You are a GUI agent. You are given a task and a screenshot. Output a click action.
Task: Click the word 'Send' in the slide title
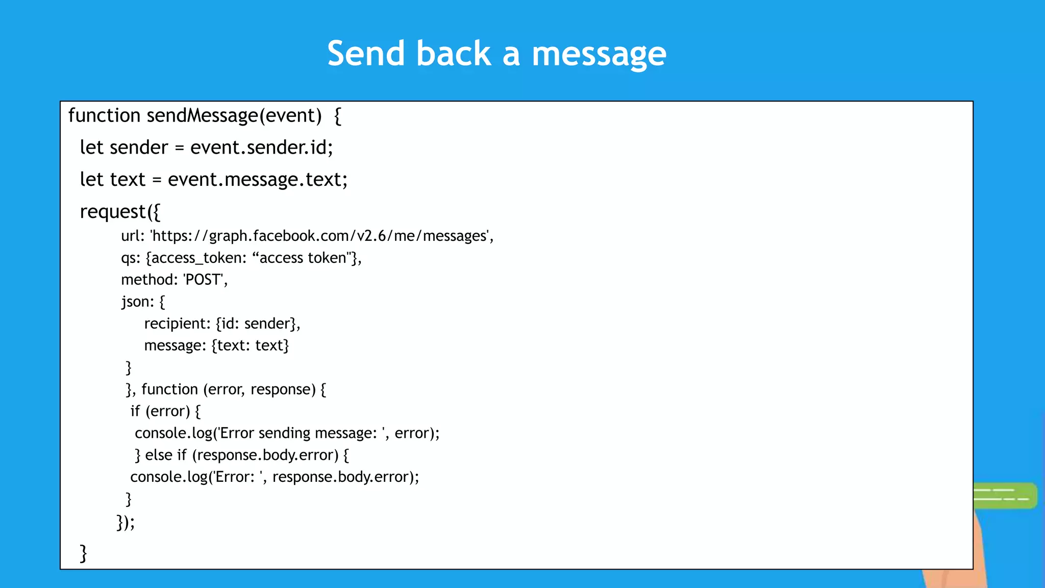(x=366, y=54)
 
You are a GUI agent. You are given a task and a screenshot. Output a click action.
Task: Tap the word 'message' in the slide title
(x=599, y=54)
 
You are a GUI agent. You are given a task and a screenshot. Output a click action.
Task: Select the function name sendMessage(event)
(x=234, y=115)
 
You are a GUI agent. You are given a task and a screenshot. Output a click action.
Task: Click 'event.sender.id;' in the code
(x=261, y=148)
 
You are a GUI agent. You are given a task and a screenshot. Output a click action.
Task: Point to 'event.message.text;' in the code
(x=258, y=180)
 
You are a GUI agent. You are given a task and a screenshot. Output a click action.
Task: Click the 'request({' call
(x=120, y=211)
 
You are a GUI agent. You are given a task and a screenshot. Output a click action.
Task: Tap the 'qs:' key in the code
(x=131, y=258)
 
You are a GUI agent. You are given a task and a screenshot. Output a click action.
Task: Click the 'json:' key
(x=137, y=302)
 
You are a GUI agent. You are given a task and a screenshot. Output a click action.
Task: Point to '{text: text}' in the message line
(x=250, y=346)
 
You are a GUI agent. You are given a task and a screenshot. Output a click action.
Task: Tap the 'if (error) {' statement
(x=165, y=411)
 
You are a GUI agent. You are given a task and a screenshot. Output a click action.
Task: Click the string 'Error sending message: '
(x=301, y=433)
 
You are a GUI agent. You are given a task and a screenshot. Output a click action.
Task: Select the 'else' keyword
(x=159, y=455)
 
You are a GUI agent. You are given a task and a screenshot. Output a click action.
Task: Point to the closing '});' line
(x=126, y=522)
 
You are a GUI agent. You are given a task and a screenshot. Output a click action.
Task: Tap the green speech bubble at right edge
(x=1004, y=495)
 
